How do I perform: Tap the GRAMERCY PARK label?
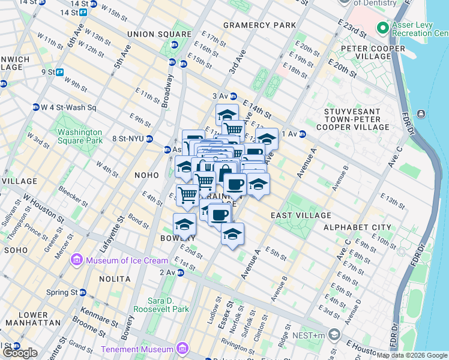[260, 25]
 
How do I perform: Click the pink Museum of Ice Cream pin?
[77, 260]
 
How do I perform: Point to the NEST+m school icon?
[334, 334]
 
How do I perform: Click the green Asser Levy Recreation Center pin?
[382, 28]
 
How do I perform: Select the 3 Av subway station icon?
[233, 96]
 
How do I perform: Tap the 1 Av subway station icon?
[303, 134]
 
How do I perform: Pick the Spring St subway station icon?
[83, 292]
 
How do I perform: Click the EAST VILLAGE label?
[301, 215]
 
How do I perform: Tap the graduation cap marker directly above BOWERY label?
[184, 224]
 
